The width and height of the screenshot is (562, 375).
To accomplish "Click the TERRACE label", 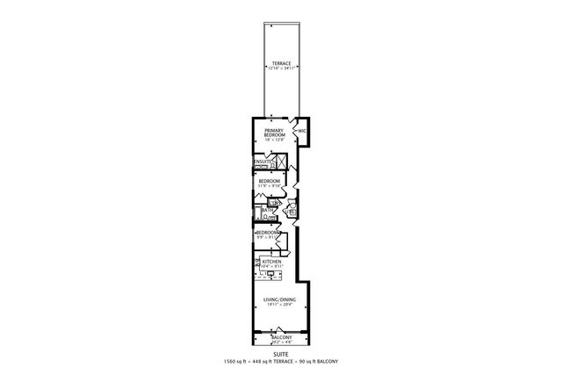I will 281,64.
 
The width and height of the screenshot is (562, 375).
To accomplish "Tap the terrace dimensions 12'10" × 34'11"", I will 281,69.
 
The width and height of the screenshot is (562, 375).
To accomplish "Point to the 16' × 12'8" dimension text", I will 275,140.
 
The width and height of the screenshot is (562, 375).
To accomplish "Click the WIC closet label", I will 301,131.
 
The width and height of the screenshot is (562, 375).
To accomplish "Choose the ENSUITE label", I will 262,162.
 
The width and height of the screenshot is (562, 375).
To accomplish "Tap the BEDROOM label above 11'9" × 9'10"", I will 269,181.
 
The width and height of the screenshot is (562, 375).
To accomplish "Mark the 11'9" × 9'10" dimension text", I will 269,186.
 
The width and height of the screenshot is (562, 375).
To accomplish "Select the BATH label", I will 264,211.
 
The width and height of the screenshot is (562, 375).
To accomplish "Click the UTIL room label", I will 291,211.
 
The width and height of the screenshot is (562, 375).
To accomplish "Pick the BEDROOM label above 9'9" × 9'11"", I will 267,232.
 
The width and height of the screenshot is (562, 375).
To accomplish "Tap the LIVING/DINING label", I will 280,299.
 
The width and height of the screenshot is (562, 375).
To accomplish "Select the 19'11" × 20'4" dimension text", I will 280,306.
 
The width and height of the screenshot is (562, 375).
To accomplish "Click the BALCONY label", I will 281,337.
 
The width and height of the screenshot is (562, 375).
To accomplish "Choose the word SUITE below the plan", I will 281,355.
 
